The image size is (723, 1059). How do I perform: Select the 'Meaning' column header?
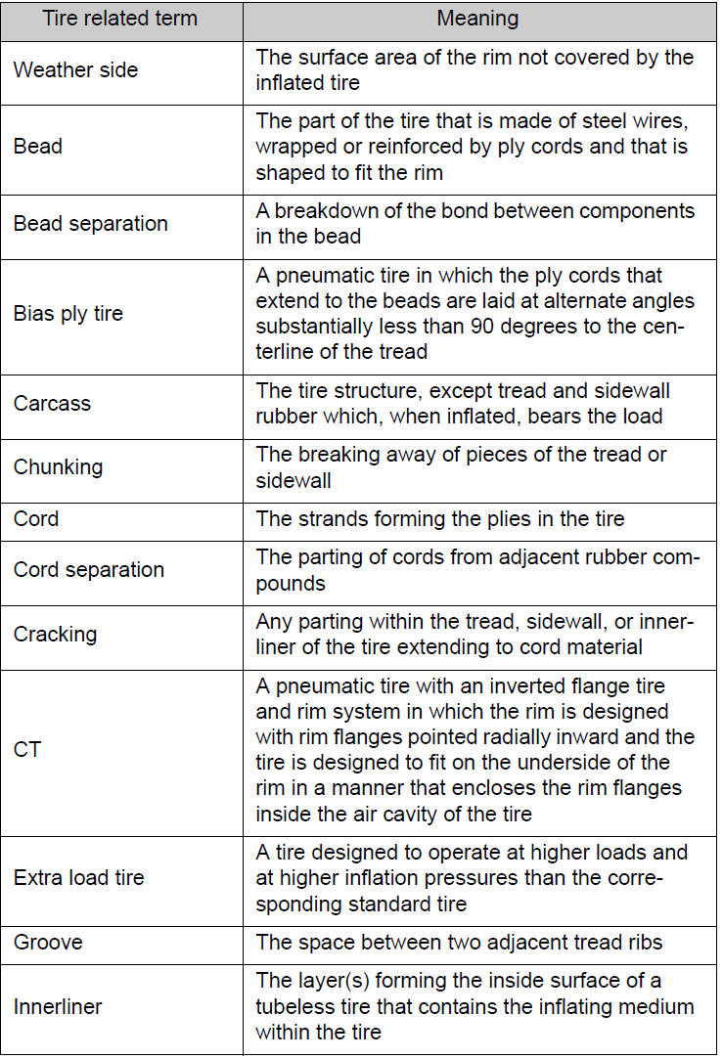coord(477,19)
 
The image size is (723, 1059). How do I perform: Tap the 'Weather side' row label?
coord(75,70)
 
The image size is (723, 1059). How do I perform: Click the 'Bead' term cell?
coord(38,147)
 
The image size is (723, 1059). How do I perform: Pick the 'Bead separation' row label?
coord(91,224)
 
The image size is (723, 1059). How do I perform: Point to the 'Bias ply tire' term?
coord(68,314)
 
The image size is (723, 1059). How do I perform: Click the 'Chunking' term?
coord(58,467)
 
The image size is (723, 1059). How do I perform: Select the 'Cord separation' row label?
coord(89,569)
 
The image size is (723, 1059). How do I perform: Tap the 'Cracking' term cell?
coord(55,634)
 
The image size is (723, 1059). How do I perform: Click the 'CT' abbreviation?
coord(27,750)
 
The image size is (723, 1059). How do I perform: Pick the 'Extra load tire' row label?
coord(77,878)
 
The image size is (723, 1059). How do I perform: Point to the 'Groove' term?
coord(48,943)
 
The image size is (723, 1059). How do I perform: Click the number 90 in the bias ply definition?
coord(493,326)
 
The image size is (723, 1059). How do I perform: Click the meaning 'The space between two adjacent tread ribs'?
coord(460,943)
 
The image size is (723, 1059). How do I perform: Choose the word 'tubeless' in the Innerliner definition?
coord(297,1006)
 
